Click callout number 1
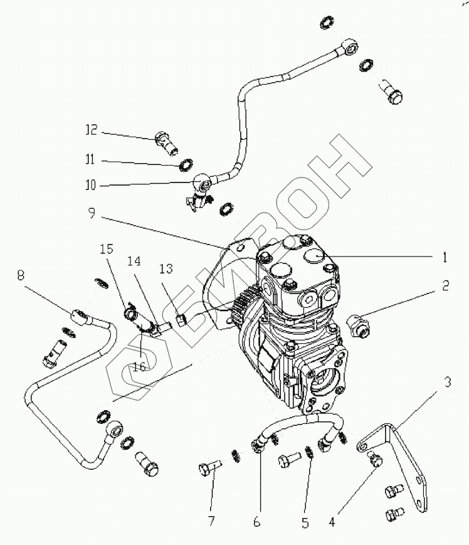445,256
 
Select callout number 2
445,285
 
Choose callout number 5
305,521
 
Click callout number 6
258,521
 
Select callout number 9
92,213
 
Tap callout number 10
92,186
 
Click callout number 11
92,161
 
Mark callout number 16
139,366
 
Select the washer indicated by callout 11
186,165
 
